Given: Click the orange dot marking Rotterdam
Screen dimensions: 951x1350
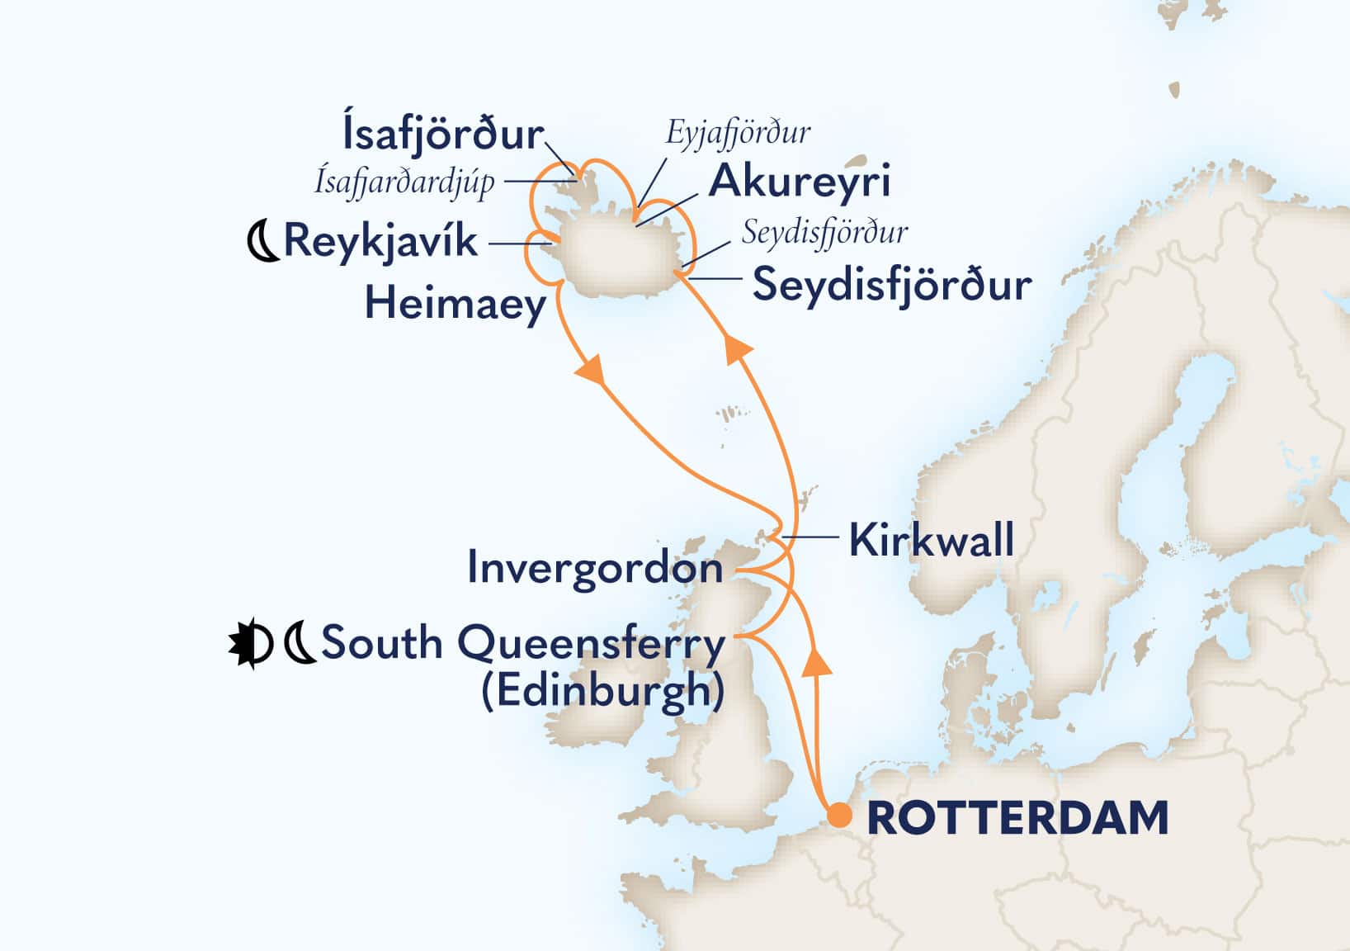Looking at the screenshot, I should pyautogui.click(x=839, y=815).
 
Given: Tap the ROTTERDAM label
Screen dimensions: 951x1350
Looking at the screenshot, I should pyautogui.click(x=1017, y=818).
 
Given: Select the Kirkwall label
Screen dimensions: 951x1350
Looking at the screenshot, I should pyautogui.click(x=931, y=542).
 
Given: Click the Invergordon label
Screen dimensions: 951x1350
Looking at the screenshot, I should pyautogui.click(x=594, y=568).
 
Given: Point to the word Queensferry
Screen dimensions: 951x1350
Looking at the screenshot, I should pyautogui.click(x=588, y=643).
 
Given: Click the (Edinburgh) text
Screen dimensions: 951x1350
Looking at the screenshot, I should pyautogui.click(x=602, y=691).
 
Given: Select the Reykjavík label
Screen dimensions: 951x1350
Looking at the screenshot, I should pyautogui.click(x=380, y=242).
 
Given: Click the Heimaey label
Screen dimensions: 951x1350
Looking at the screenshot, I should pyautogui.click(x=456, y=304).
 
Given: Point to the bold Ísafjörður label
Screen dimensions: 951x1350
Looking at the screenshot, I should pyautogui.click(x=443, y=134).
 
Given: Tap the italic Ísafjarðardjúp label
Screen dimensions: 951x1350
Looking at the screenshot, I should pyautogui.click(x=404, y=182).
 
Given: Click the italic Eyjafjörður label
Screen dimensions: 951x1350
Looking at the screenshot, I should pyautogui.click(x=738, y=132).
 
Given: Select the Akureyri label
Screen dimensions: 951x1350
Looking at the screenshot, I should pyautogui.click(x=800, y=181).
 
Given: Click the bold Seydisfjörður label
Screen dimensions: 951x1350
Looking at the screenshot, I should pyautogui.click(x=891, y=286).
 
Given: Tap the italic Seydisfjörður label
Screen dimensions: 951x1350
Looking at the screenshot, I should pyautogui.click(x=824, y=233).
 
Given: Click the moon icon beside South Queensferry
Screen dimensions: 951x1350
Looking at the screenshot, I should pyautogui.click(x=300, y=645).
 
